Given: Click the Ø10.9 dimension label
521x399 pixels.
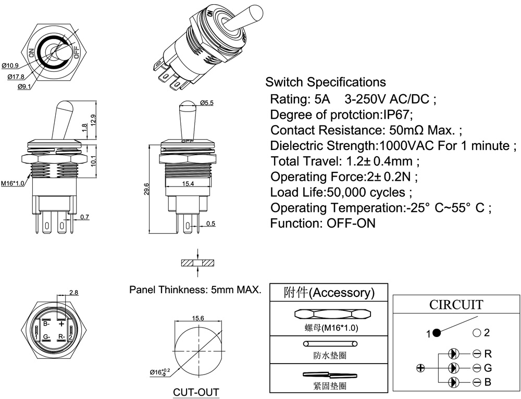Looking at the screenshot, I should (10, 66).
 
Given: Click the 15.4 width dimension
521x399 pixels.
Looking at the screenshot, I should (189, 184).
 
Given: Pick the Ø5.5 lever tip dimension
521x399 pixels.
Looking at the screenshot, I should (206, 103).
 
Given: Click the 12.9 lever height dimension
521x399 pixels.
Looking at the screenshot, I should (93, 120).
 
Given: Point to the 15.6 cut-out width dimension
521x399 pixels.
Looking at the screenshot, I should (197, 318).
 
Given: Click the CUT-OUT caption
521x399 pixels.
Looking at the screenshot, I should (196, 392).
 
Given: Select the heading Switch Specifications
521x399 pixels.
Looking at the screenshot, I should (326, 82).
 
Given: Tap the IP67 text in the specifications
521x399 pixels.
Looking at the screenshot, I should (397, 115).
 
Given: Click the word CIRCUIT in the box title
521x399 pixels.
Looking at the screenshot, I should (455, 305).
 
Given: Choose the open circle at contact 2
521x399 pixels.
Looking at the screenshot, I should (476, 332).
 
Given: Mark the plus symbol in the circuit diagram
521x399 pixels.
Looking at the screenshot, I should (421, 368).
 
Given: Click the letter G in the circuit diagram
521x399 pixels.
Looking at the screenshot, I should (488, 368).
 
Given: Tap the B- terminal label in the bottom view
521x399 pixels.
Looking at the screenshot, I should (46, 324).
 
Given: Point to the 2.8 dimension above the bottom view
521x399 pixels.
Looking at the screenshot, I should (73, 292).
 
